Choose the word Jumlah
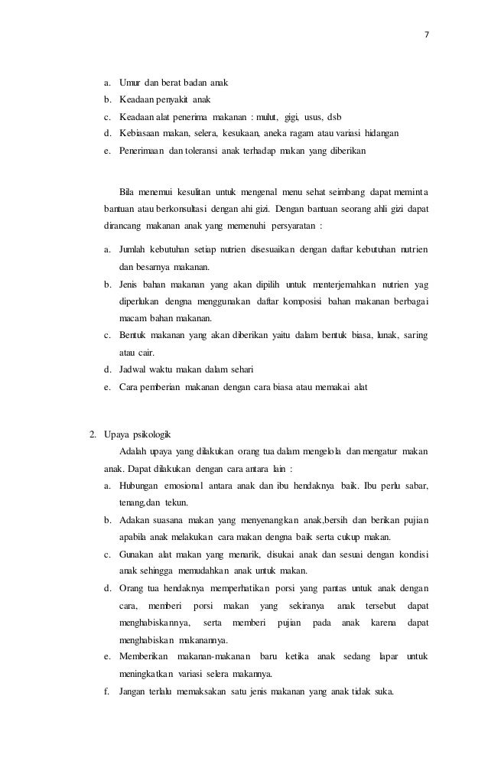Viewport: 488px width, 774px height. [x=135, y=251]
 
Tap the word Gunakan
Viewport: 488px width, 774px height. [x=138, y=554]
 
